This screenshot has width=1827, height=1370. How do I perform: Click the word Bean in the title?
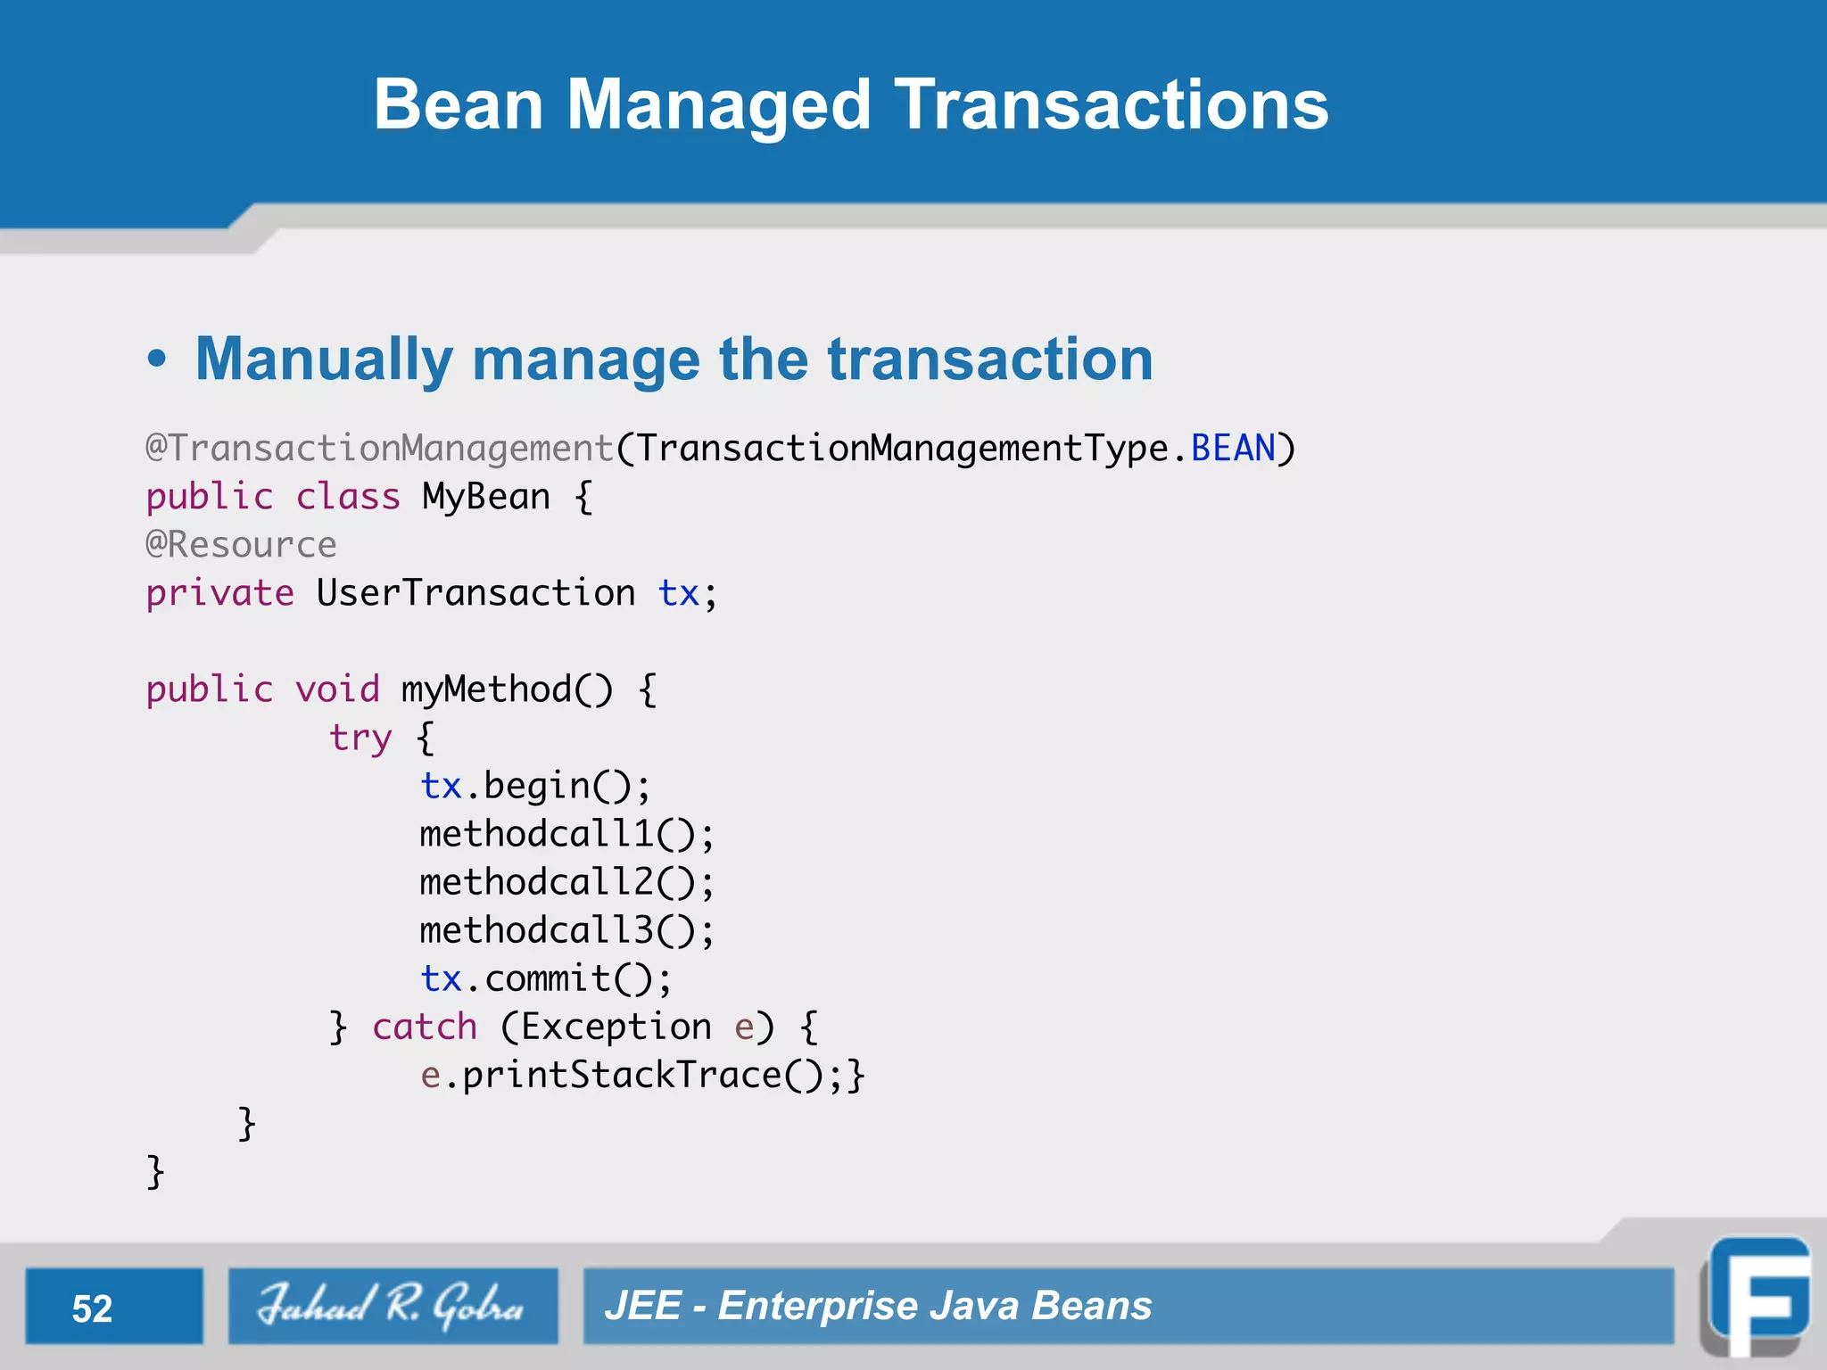(x=458, y=105)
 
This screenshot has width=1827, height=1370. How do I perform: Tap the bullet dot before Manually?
(x=157, y=359)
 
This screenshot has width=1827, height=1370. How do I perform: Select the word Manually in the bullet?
(x=324, y=359)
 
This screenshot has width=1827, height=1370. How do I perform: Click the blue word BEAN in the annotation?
(x=1233, y=449)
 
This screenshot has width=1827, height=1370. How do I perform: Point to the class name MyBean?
(x=486, y=497)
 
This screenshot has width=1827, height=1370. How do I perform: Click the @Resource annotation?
(x=241, y=545)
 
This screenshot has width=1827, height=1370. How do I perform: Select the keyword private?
(x=219, y=593)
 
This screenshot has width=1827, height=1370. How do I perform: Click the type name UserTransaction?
(x=475, y=593)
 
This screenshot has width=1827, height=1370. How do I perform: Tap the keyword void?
(x=337, y=689)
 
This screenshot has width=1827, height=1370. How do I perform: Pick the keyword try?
(x=360, y=739)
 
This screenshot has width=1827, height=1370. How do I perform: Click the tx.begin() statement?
(x=535, y=787)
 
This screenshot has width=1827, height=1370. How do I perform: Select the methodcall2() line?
(x=566, y=883)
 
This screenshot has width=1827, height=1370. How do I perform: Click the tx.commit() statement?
(x=545, y=979)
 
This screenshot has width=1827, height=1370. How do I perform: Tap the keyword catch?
(x=425, y=1027)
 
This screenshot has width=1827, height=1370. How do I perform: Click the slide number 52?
(x=92, y=1308)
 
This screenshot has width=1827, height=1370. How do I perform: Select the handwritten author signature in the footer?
(x=392, y=1305)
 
